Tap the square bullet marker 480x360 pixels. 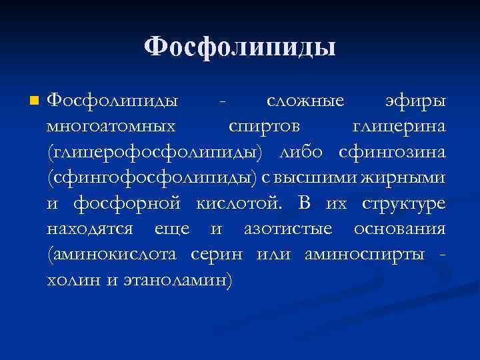(x=33, y=101)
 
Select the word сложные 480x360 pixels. (x=305, y=101)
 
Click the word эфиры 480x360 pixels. (x=415, y=101)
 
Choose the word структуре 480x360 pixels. (x=404, y=204)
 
